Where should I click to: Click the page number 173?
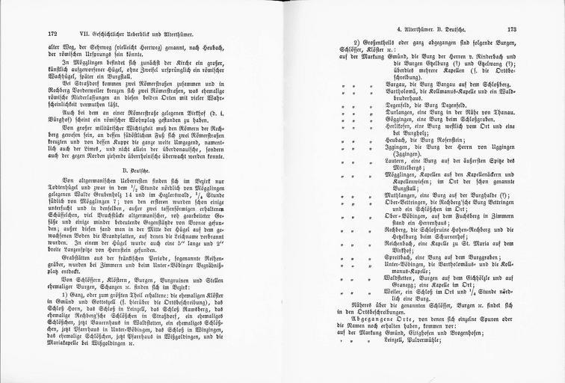(512, 31)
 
